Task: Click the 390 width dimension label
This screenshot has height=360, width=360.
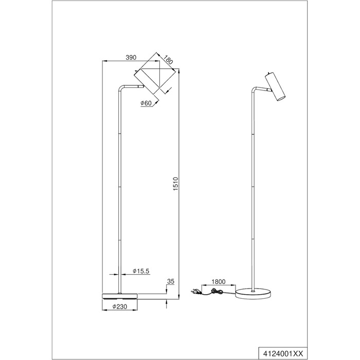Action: pyautogui.click(x=131, y=58)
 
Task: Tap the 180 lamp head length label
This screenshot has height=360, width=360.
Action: pyautogui.click(x=168, y=59)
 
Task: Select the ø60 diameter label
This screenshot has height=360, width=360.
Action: pyautogui.click(x=146, y=103)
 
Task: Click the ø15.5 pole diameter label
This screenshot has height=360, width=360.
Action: pyautogui.click(x=141, y=271)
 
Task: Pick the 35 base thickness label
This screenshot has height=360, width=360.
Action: pyautogui.click(x=171, y=281)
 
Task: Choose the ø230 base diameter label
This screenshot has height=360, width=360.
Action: pyautogui.click(x=120, y=307)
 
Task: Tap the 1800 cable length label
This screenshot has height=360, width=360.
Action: pyautogui.click(x=219, y=282)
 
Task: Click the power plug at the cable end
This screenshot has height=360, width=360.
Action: pyautogui.click(x=195, y=292)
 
